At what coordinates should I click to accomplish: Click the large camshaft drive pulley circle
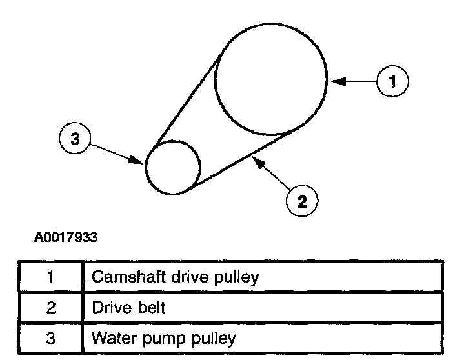[x=271, y=80]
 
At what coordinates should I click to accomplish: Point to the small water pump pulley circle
[x=172, y=166]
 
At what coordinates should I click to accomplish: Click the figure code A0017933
[x=66, y=238]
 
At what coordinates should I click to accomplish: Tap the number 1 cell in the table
[x=50, y=277]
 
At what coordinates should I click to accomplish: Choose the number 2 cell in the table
[x=50, y=307]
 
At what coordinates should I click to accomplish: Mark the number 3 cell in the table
[x=50, y=337]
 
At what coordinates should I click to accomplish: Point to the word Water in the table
[x=110, y=337]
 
